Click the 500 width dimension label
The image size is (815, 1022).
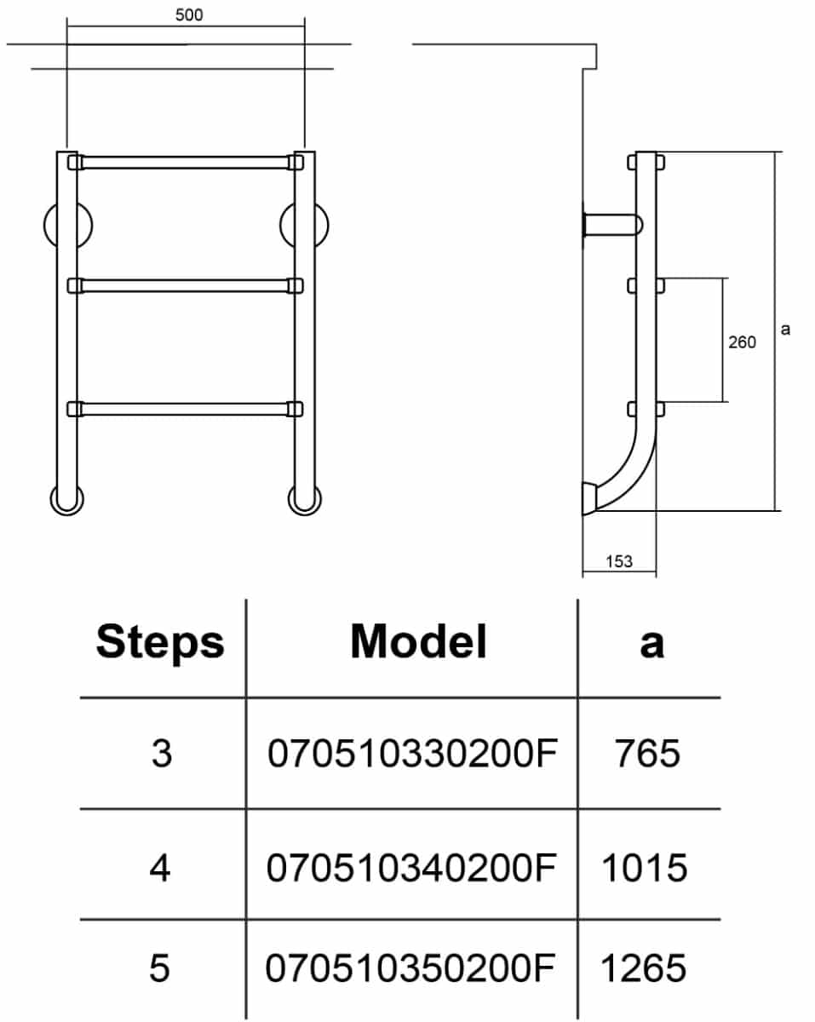tap(189, 14)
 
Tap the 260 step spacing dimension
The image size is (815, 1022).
tap(742, 342)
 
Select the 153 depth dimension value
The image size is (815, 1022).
tap(619, 561)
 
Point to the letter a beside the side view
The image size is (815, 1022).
tap(785, 329)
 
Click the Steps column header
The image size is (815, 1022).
tap(160, 643)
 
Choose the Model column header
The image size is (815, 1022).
tap(419, 641)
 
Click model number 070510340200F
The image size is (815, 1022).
tap(410, 868)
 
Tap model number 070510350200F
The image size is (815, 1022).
tap(410, 968)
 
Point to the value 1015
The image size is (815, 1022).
tap(645, 868)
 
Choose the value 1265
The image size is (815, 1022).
tap(644, 968)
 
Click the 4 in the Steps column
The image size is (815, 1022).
tap(160, 868)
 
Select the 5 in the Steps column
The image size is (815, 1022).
tap(159, 968)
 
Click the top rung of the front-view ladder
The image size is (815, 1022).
tap(186, 163)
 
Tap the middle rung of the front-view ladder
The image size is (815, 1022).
tap(186, 285)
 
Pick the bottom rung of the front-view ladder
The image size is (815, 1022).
tap(186, 409)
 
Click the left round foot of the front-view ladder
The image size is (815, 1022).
tap(66, 500)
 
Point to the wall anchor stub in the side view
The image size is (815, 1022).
tap(611, 225)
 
